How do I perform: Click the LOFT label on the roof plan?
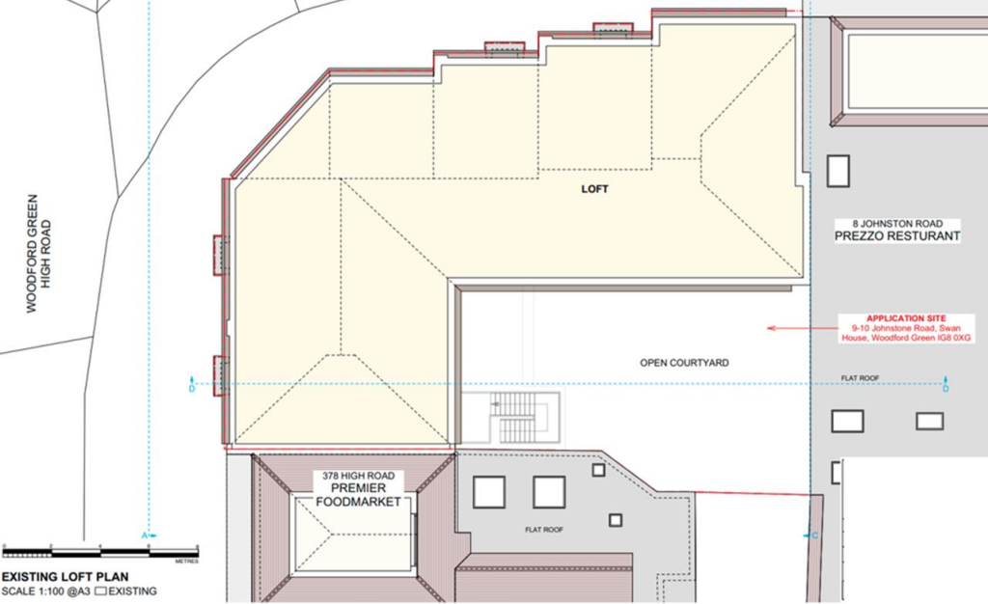click(595, 189)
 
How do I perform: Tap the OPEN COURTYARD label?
click(684, 363)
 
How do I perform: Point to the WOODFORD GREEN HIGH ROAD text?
click(39, 253)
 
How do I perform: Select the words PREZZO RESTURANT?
click(898, 236)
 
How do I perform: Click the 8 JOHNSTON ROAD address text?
click(898, 222)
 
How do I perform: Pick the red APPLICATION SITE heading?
click(892, 317)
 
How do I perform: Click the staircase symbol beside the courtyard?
click(520, 418)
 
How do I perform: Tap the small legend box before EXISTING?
click(113, 591)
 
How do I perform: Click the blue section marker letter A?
click(146, 535)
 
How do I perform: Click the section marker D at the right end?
click(946, 388)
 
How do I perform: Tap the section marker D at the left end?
click(191, 388)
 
